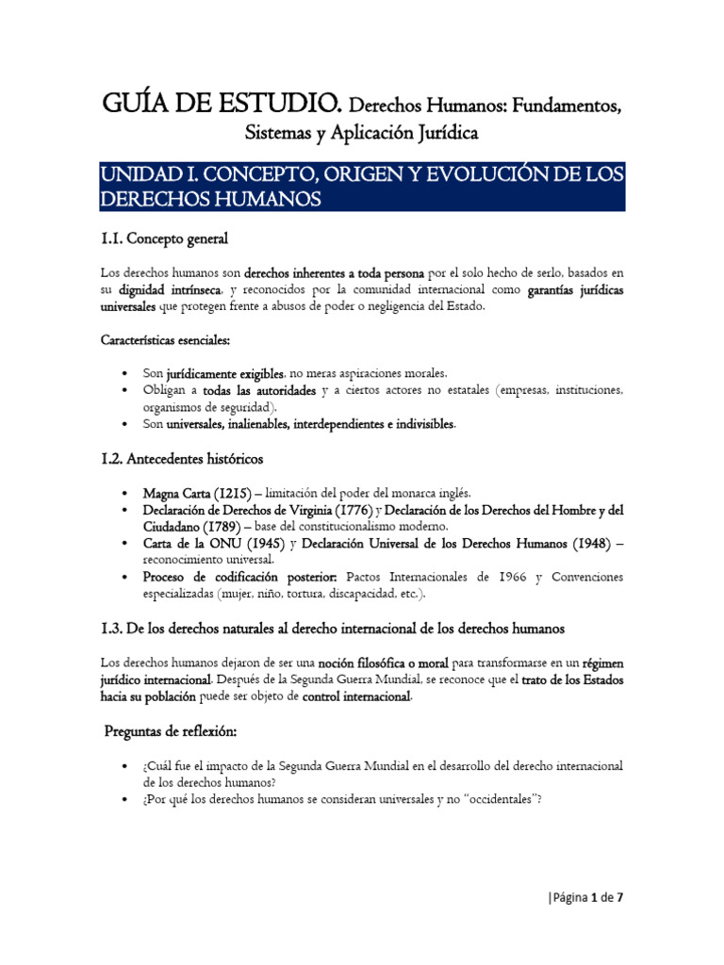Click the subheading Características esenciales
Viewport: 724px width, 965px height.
point(166,339)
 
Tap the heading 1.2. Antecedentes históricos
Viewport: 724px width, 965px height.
point(181,459)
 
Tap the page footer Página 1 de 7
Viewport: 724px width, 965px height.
point(586,897)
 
